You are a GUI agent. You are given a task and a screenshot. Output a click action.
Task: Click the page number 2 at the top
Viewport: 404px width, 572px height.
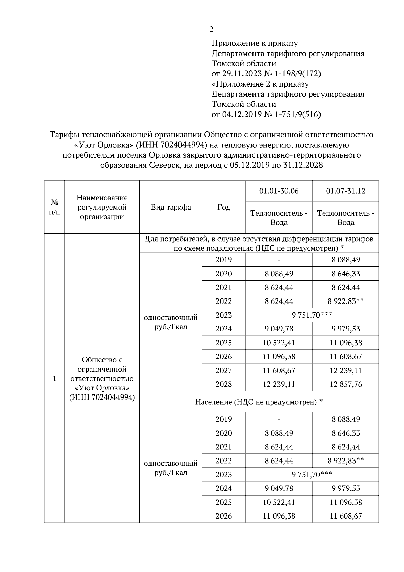click(211, 30)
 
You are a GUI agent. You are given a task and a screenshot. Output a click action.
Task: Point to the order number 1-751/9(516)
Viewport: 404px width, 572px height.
click(298, 115)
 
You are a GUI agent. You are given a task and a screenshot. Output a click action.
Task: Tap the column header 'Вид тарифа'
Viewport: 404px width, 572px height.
click(171, 207)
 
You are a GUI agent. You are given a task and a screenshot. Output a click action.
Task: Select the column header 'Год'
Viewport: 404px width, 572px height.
click(224, 207)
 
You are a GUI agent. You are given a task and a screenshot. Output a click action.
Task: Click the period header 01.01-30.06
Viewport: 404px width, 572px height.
click(279, 191)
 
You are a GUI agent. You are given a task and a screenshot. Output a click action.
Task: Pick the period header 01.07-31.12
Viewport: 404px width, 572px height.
click(345, 191)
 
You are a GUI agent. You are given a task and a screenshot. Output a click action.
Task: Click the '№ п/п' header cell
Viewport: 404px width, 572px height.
click(54, 207)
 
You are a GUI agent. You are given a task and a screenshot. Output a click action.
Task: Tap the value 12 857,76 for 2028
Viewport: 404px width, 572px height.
click(345, 384)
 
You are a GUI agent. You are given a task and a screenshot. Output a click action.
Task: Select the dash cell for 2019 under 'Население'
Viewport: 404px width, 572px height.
click(279, 419)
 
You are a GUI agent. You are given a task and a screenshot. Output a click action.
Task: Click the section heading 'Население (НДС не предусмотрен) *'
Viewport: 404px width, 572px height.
click(259, 402)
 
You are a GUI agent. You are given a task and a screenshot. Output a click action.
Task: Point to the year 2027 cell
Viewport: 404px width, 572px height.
click(224, 371)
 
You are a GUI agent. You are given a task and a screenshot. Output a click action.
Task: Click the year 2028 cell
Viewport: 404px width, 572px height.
click(224, 384)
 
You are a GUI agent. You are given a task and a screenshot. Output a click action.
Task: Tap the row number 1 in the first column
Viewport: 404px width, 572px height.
click(54, 378)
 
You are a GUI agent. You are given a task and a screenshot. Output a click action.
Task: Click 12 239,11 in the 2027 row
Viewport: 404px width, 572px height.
click(345, 371)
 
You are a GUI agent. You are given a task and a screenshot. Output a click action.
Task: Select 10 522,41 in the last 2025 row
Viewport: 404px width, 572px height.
click(279, 502)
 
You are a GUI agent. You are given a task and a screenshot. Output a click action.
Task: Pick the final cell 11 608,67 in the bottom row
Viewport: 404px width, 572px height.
click(345, 516)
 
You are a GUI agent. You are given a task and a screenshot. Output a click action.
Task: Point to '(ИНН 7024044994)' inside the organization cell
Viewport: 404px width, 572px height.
click(102, 397)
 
